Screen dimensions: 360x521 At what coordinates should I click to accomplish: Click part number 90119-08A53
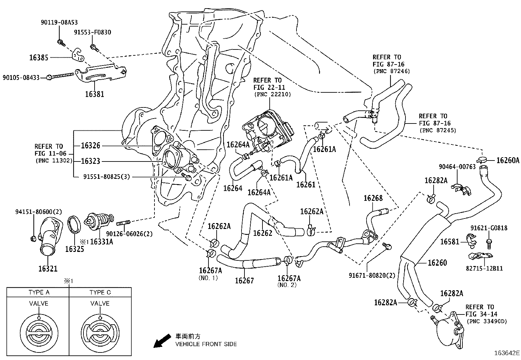point(59,22)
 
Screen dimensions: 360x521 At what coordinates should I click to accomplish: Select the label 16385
point(39,58)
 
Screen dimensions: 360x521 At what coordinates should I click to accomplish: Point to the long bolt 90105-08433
point(62,76)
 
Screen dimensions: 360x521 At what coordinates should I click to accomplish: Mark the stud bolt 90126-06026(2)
point(123,224)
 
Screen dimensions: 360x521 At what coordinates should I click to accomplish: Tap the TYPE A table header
point(39,292)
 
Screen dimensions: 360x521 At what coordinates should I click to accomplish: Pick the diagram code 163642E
point(507,353)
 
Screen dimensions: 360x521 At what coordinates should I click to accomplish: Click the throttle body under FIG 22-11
point(268,129)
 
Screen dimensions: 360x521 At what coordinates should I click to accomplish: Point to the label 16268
point(373,198)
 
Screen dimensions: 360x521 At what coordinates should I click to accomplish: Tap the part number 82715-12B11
point(484,268)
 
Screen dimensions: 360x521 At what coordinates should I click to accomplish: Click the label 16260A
point(508,160)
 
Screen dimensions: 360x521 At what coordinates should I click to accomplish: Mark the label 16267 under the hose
point(244,280)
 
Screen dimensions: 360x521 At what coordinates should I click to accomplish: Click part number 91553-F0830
point(92,32)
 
